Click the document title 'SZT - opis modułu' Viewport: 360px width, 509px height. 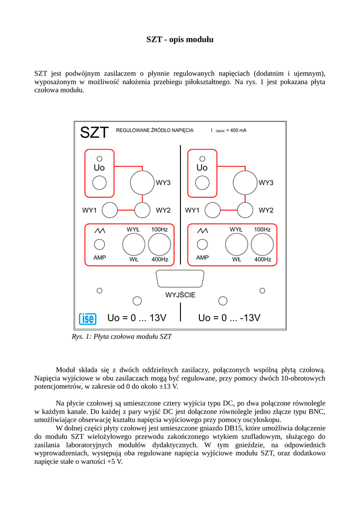click(180, 39)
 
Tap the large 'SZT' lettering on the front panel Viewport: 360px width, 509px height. click(94, 133)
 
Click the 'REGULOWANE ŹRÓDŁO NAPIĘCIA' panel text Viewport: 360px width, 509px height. click(155, 130)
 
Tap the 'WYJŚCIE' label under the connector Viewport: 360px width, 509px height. click(180, 295)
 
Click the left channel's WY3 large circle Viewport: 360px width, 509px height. click(143, 182)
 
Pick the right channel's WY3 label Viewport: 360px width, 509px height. click(266, 183)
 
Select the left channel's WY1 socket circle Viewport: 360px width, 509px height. click(109, 210)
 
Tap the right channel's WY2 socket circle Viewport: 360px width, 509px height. click(245, 210)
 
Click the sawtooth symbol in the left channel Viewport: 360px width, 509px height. click(100, 231)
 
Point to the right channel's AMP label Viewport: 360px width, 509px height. click(202, 257)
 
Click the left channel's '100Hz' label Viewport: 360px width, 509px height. click(160, 230)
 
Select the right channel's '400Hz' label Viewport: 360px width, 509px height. click(263, 259)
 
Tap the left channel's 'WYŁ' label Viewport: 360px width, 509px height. click(133, 230)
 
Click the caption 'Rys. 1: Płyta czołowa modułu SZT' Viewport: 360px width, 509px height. click(122, 337)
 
